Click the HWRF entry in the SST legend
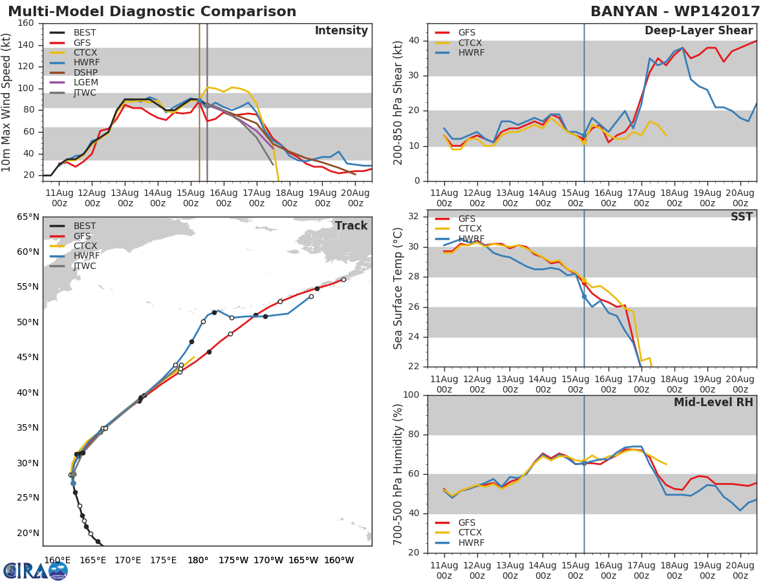pyautogui.click(x=471, y=239)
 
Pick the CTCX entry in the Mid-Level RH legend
pyautogui.click(x=471, y=533)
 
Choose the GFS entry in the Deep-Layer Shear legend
pyautogui.click(x=468, y=33)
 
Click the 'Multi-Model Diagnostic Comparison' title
pyautogui.click(x=152, y=12)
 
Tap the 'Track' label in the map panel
pyautogui.click(x=350, y=226)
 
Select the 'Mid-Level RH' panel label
pyautogui.click(x=713, y=402)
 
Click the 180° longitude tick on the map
pyautogui.click(x=197, y=560)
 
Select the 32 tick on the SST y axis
pyautogui.click(x=414, y=217)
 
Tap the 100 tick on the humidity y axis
pyautogui.click(x=411, y=395)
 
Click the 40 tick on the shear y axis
pyautogui.click(x=414, y=41)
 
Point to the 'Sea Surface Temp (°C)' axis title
pyautogui.click(x=398, y=288)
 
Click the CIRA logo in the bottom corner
pyautogui.click(x=36, y=570)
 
